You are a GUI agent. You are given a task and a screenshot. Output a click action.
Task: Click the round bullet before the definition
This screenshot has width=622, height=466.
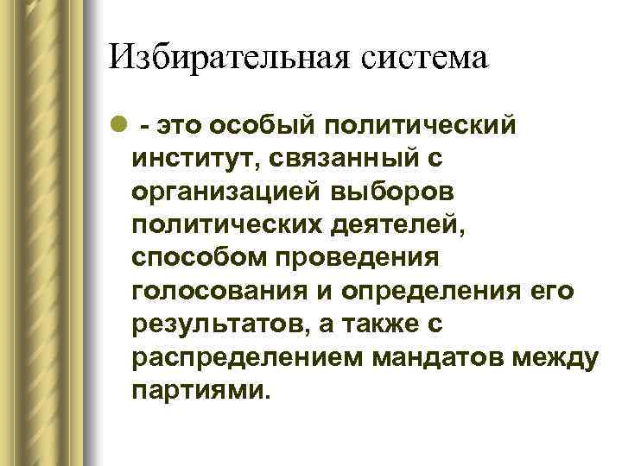click(x=117, y=128)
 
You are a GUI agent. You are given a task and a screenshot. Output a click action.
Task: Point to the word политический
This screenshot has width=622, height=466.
click(x=422, y=127)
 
